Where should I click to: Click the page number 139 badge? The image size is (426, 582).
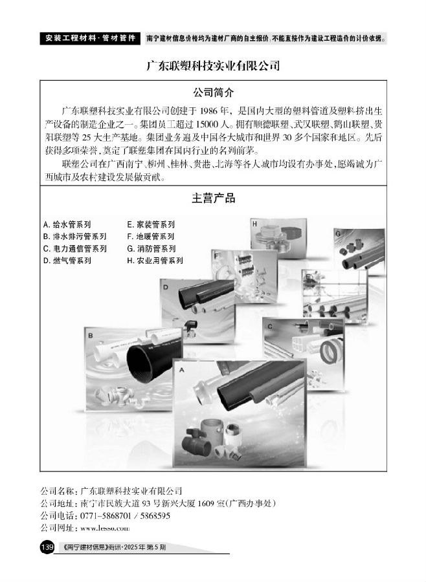(47, 547)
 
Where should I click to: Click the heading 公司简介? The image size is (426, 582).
(214, 92)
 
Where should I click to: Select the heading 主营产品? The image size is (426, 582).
(214, 198)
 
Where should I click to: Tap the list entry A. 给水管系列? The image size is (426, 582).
(67, 224)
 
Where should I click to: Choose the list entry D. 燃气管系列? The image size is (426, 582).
(67, 261)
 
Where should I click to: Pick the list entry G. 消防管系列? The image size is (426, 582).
(151, 248)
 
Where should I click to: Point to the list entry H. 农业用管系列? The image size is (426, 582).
(155, 261)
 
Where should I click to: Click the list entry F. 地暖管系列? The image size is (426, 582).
(151, 236)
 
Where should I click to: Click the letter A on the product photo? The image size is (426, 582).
(182, 370)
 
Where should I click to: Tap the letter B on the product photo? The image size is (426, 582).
(91, 336)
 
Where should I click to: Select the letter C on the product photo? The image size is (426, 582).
(269, 327)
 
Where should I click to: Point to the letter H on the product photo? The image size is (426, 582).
(254, 224)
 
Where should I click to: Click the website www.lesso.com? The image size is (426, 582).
(105, 528)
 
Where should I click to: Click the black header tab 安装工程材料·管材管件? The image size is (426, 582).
(91, 38)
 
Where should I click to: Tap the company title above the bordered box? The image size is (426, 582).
(213, 66)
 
